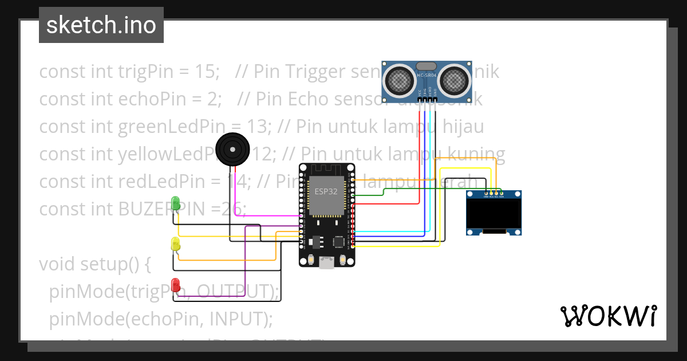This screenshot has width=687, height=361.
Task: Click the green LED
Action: coord(176,202)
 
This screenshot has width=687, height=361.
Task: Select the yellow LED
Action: coord(176,243)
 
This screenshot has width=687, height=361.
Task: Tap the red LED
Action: coord(176,284)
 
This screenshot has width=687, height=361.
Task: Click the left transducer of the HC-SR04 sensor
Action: coord(400,80)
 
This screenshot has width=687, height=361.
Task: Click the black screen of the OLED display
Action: coord(493,214)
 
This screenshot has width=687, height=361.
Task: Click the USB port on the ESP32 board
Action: coord(327,262)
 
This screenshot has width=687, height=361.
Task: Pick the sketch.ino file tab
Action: coord(101,25)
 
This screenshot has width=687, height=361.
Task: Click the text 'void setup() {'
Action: coord(94,264)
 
